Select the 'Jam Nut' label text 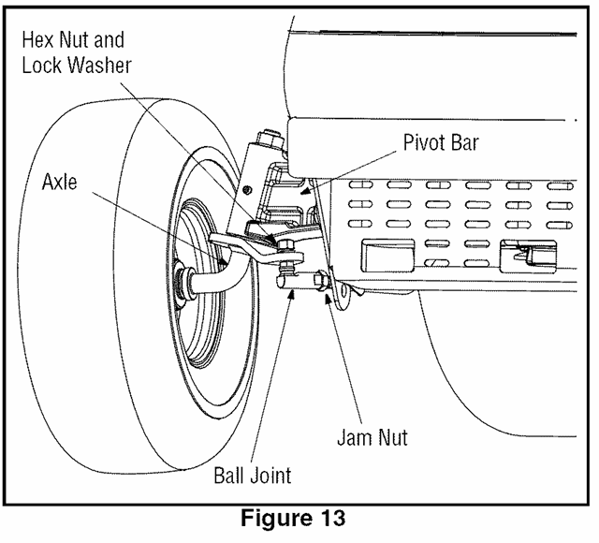372,435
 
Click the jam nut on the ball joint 321,281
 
